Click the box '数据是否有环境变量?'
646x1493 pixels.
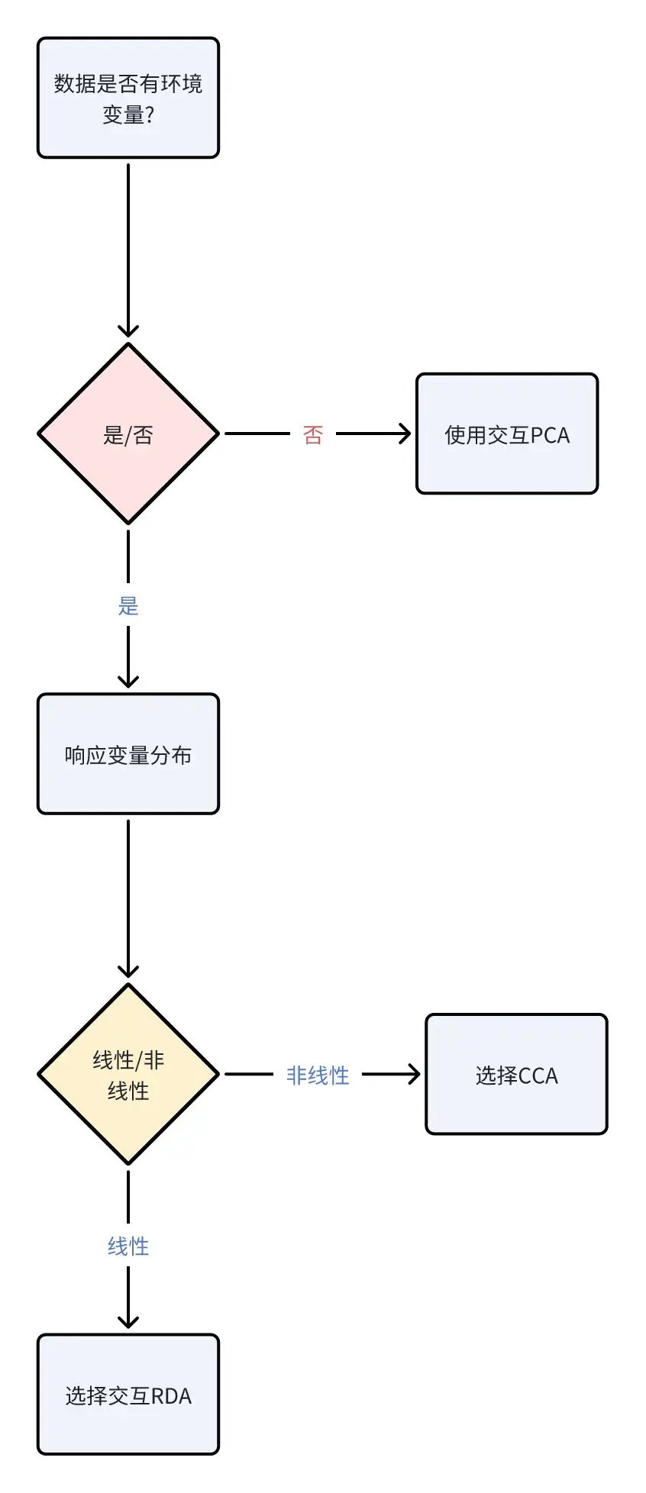128,98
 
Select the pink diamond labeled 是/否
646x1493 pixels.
128,434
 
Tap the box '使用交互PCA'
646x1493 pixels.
507,434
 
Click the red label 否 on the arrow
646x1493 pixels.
313,435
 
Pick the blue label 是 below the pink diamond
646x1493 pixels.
128,606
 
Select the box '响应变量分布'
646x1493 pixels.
128,754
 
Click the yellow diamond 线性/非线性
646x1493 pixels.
128,1074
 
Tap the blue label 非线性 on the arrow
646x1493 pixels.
318,1075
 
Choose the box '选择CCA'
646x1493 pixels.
516,1074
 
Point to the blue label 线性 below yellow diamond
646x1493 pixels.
128,1246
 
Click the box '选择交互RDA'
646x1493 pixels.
128,1395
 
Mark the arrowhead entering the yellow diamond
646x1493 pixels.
128,972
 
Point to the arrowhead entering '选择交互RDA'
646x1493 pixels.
128,1323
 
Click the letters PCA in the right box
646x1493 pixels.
550,435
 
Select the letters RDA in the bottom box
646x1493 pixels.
171,1396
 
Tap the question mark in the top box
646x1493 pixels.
150,114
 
